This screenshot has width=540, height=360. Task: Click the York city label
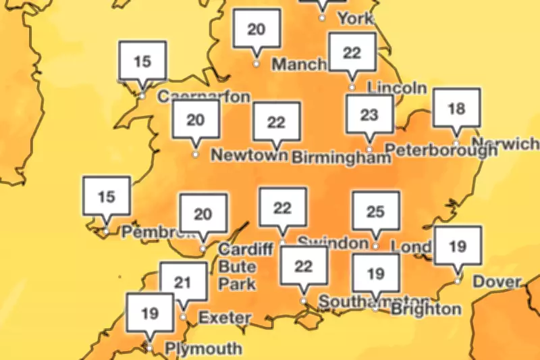(x=355, y=18)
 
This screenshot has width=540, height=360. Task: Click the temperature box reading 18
(x=456, y=109)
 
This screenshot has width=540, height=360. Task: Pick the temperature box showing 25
(x=376, y=212)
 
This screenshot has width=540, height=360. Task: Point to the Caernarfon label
(x=203, y=97)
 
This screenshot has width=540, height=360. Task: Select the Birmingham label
(x=341, y=157)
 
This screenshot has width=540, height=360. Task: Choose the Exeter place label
(x=225, y=317)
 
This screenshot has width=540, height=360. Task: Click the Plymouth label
(x=203, y=349)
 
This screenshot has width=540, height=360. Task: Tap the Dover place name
(x=497, y=281)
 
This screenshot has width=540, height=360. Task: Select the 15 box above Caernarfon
(x=142, y=62)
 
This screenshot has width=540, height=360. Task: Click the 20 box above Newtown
(x=196, y=120)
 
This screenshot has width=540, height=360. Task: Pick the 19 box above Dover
(x=458, y=247)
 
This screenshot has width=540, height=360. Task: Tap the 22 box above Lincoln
(x=352, y=53)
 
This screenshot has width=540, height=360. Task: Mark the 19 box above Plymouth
(x=150, y=313)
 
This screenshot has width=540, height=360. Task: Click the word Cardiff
(x=245, y=249)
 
